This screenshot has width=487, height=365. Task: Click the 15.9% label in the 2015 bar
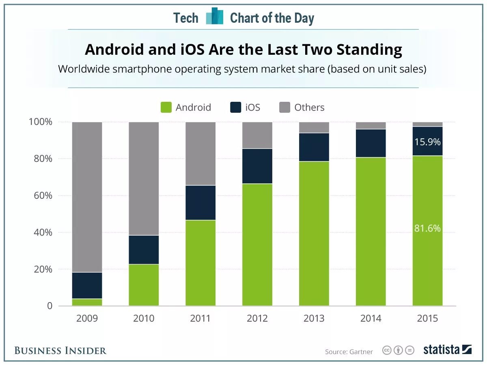427,142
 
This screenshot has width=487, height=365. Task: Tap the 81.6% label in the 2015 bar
427,228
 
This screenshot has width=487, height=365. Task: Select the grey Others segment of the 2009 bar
87,197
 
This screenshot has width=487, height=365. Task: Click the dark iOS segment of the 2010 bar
144,250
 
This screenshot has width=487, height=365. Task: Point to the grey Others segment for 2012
257,135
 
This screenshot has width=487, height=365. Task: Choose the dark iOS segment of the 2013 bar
314,147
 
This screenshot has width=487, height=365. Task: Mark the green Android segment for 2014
371,231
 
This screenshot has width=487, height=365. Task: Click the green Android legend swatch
166,107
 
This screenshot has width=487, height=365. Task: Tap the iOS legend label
252,107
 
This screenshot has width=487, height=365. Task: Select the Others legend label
309,107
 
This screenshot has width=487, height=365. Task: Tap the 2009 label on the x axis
87,318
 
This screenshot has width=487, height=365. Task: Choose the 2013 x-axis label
314,318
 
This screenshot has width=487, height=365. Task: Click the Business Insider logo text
60,350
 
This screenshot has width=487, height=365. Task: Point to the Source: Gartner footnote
349,352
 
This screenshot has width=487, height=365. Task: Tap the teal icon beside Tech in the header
214,17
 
